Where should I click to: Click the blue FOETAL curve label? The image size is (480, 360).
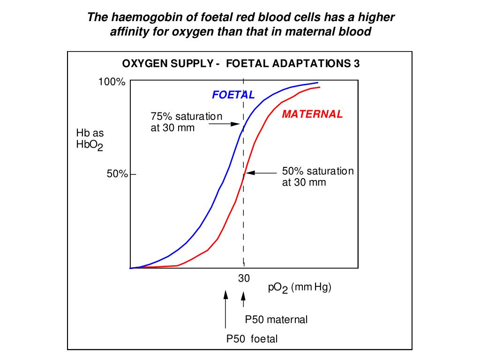click(x=233, y=95)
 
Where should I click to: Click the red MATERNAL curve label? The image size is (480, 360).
click(x=312, y=114)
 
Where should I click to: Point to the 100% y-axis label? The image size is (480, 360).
click(x=112, y=82)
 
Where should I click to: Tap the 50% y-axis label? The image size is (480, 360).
click(x=117, y=174)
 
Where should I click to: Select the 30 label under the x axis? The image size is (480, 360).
click(x=244, y=278)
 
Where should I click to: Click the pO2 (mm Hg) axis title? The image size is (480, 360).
click(x=300, y=288)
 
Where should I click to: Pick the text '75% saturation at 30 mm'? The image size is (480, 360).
click(x=186, y=122)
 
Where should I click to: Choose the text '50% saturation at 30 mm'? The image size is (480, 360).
click(x=317, y=177)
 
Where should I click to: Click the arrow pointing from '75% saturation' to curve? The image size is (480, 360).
click(x=229, y=124)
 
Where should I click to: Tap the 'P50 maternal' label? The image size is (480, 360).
click(x=277, y=320)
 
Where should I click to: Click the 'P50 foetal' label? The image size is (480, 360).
click(x=252, y=339)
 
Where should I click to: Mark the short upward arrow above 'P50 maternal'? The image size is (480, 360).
click(x=243, y=300)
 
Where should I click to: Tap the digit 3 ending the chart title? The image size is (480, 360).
click(x=357, y=64)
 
